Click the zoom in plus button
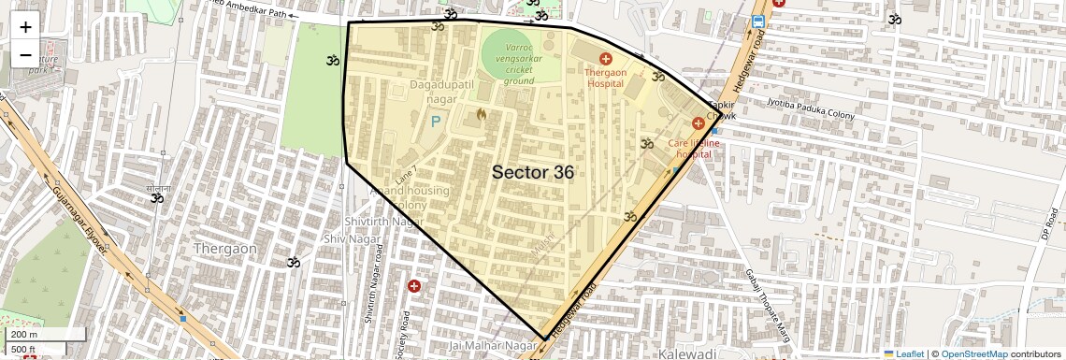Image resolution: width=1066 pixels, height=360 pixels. coord(25,27)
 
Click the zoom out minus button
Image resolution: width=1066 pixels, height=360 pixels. coord(25,54)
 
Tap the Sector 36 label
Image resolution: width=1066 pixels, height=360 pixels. coord(532,172)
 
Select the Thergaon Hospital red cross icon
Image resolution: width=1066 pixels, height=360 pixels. coord(606,59)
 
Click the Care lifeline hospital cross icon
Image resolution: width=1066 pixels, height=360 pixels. coord(698,123)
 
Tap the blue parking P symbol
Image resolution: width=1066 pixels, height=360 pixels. coord(435,121)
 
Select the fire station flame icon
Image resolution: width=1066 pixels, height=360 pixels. coord(482,115)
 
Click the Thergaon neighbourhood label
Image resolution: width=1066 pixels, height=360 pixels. coord(224,249)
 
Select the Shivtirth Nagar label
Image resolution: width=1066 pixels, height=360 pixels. coord(378,222)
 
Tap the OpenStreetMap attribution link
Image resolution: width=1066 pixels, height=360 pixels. coord(973,353)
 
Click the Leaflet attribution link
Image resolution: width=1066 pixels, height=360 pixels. coord(902,353)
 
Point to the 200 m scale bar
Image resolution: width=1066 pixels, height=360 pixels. coord(45,334)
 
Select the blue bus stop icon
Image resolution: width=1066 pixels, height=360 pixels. coord(757,21)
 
